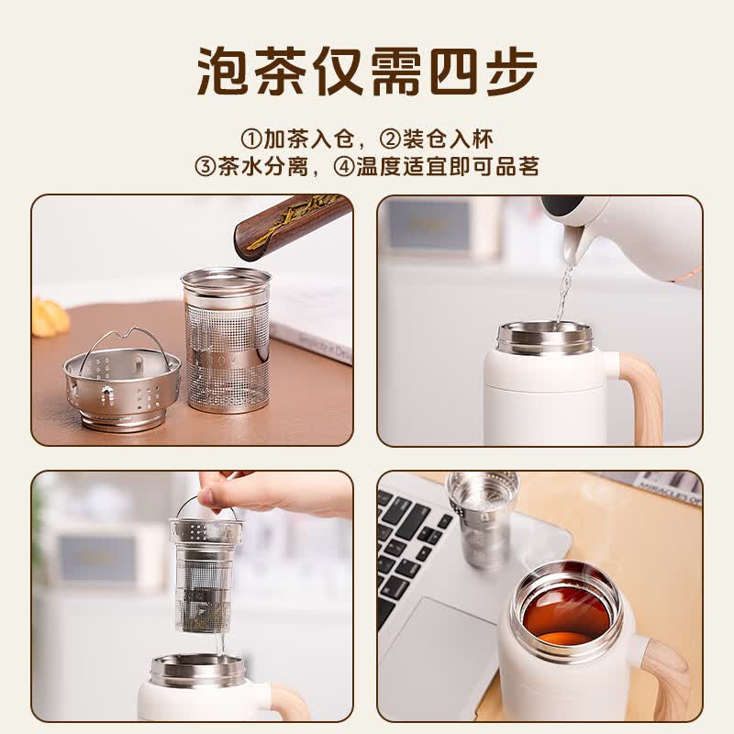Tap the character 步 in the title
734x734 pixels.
(510, 72)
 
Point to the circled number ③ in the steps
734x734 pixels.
(205, 167)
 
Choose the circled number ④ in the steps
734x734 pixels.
(344, 167)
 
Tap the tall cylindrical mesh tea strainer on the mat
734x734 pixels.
(226, 339)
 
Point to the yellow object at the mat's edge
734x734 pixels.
(49, 317)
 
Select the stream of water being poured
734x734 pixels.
(564, 294)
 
